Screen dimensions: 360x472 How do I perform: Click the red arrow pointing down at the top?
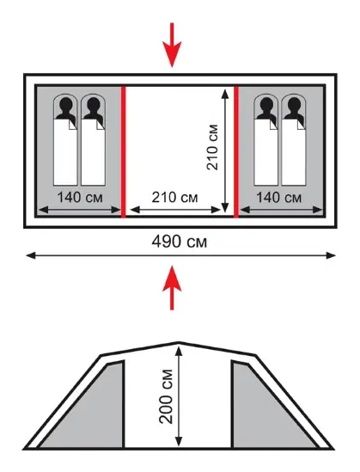[x=172, y=46]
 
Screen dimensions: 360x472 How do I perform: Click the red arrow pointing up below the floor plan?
[x=172, y=288]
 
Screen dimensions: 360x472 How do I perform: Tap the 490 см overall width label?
[x=180, y=242]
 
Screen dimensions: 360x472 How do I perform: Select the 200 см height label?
[x=166, y=396]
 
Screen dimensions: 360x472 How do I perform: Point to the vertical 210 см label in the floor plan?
[x=212, y=147]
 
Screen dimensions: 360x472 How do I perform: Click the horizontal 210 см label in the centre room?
[x=174, y=198]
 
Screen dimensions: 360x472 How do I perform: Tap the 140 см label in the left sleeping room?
[x=80, y=198]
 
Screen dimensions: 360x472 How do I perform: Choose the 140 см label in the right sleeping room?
[x=278, y=198]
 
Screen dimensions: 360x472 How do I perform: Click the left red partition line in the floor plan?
[x=123, y=151]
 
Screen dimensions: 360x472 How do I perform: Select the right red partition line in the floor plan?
[x=236, y=151]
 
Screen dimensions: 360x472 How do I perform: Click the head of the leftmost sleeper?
[x=66, y=104]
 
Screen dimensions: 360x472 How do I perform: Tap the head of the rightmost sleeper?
[x=294, y=104]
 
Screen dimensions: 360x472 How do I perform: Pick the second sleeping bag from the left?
[x=94, y=139]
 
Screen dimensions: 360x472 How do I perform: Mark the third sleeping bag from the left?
[x=266, y=139]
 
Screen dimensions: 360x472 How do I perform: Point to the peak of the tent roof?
[x=179, y=342]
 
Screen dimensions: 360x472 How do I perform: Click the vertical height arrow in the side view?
[x=179, y=396]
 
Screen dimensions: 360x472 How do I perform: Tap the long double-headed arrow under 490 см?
[x=180, y=256]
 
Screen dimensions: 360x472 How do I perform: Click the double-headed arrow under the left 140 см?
[x=80, y=210]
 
